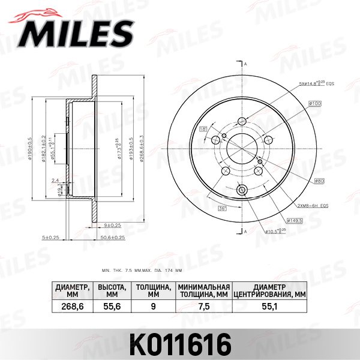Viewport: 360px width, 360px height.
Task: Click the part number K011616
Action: click(x=180, y=344)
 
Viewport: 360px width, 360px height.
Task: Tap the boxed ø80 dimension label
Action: click(x=318, y=181)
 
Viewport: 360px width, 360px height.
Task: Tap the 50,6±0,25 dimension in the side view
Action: click(x=113, y=238)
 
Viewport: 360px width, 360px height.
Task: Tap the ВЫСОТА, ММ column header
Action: click(x=112, y=290)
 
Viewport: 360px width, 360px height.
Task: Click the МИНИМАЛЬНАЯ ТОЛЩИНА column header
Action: click(x=204, y=290)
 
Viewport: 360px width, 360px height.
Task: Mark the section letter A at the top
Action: click(x=245, y=63)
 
